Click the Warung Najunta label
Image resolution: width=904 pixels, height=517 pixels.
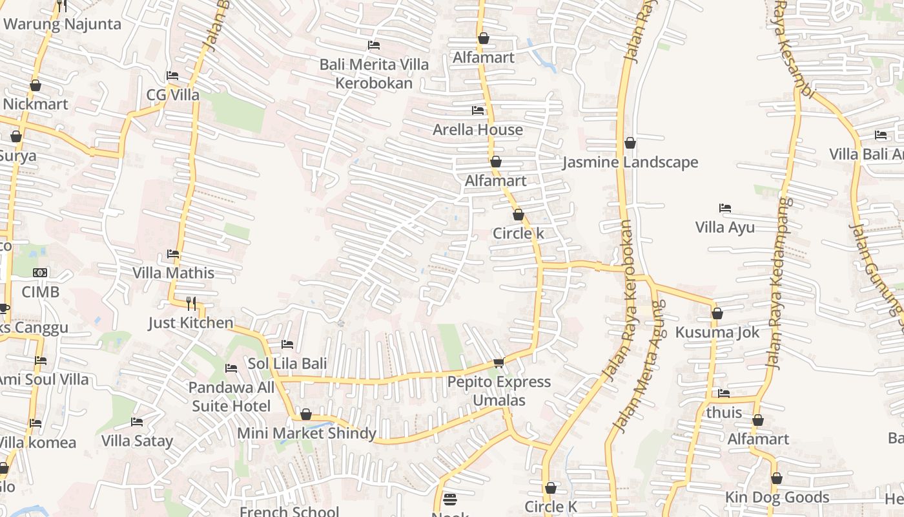click(x=62, y=25)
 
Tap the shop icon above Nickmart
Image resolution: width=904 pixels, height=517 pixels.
click(x=36, y=85)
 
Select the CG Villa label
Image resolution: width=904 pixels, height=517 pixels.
click(x=173, y=95)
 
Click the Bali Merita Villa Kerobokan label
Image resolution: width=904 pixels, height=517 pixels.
click(x=374, y=74)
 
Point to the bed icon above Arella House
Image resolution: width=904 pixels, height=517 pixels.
click(x=478, y=111)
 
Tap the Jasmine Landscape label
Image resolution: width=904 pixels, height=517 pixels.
click(x=630, y=162)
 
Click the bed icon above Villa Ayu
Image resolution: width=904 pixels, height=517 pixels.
click(x=725, y=208)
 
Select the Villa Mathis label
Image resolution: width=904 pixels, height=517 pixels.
click(x=173, y=273)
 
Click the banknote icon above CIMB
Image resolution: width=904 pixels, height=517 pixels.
click(x=40, y=273)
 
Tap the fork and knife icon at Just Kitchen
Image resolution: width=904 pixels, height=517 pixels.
click(x=191, y=303)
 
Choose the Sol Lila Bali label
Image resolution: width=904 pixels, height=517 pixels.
click(x=287, y=364)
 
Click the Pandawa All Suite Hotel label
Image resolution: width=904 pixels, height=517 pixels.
click(x=231, y=397)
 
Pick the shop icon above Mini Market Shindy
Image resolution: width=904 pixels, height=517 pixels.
click(x=306, y=414)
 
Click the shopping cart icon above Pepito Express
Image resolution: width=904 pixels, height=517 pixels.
click(x=498, y=363)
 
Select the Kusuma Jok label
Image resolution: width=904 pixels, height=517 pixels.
click(x=717, y=332)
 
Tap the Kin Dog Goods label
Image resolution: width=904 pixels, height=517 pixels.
click(x=777, y=497)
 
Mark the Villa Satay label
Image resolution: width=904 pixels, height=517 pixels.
click(x=137, y=441)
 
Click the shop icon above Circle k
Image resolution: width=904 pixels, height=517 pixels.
click(x=519, y=215)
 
